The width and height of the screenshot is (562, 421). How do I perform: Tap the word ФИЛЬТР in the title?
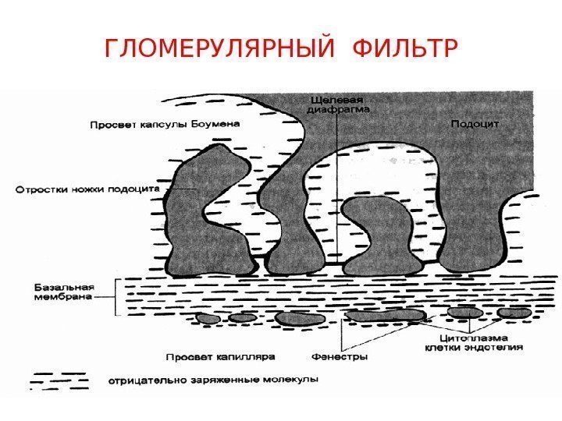click(x=403, y=51)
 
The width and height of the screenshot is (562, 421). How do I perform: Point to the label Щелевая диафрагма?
click(x=340, y=104)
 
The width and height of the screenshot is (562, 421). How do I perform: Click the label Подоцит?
click(x=475, y=123)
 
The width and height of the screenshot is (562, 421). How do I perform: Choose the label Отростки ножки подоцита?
click(x=87, y=189)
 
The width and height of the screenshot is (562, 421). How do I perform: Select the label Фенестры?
click(x=340, y=357)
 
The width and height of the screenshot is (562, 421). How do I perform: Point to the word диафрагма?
click(x=340, y=110)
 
